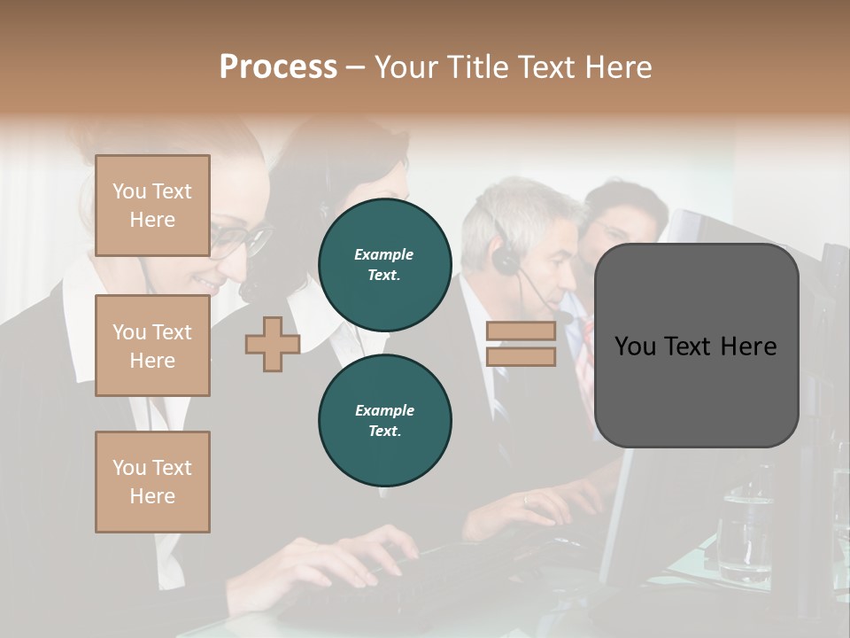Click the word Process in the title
tap(278, 67)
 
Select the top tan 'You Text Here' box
tap(152, 206)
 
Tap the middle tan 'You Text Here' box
tap(152, 346)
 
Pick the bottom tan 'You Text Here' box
tap(152, 481)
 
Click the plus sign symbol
tap(272, 344)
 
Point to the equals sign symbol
tap(521, 344)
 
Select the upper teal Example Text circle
tap(384, 265)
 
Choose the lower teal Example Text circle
tap(384, 421)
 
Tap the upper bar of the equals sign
tap(521, 331)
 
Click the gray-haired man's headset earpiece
tap(506, 260)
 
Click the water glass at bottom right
tap(742, 532)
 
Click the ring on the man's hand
tap(527, 501)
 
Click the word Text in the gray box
tap(696, 346)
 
